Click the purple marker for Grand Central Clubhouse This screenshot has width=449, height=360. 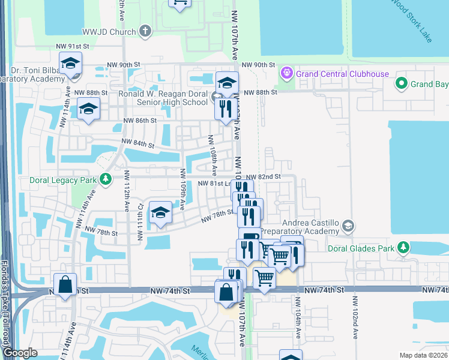(x=287, y=74)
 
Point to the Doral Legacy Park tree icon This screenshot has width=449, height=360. (x=106, y=179)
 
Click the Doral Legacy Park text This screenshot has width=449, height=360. (x=63, y=179)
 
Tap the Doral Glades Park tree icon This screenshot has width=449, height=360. (x=404, y=247)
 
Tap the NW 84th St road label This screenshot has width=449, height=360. (x=138, y=143)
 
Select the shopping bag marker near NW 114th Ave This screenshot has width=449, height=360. (x=65, y=286)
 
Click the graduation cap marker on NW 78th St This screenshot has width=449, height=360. (x=160, y=212)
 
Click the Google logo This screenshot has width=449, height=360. (x=20, y=353)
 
